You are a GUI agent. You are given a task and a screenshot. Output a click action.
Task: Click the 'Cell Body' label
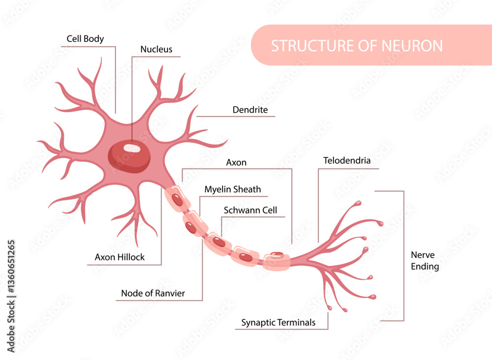(x=85, y=39)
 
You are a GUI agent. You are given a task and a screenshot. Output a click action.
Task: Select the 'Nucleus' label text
(x=156, y=49)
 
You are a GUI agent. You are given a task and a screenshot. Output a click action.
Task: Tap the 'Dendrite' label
(x=250, y=110)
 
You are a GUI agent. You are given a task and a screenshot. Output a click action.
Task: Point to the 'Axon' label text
(x=236, y=162)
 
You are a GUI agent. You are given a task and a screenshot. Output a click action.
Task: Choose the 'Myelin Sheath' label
(x=233, y=189)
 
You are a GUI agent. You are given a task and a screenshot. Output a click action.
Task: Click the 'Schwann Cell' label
(x=250, y=210)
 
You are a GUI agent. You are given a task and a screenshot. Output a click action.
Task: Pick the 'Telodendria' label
(x=347, y=161)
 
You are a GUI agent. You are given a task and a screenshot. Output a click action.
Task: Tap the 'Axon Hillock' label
(x=120, y=257)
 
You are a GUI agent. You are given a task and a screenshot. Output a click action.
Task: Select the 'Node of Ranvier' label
(x=153, y=294)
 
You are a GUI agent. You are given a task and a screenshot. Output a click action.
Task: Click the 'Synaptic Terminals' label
(x=278, y=323)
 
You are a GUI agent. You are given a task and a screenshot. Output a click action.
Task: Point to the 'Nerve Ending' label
(x=425, y=261)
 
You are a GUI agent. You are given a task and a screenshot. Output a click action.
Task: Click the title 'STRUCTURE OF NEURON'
(x=357, y=46)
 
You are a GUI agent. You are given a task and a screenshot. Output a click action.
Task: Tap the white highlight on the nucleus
(x=131, y=148)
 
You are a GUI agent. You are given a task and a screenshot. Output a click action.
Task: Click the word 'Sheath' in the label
(x=247, y=189)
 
